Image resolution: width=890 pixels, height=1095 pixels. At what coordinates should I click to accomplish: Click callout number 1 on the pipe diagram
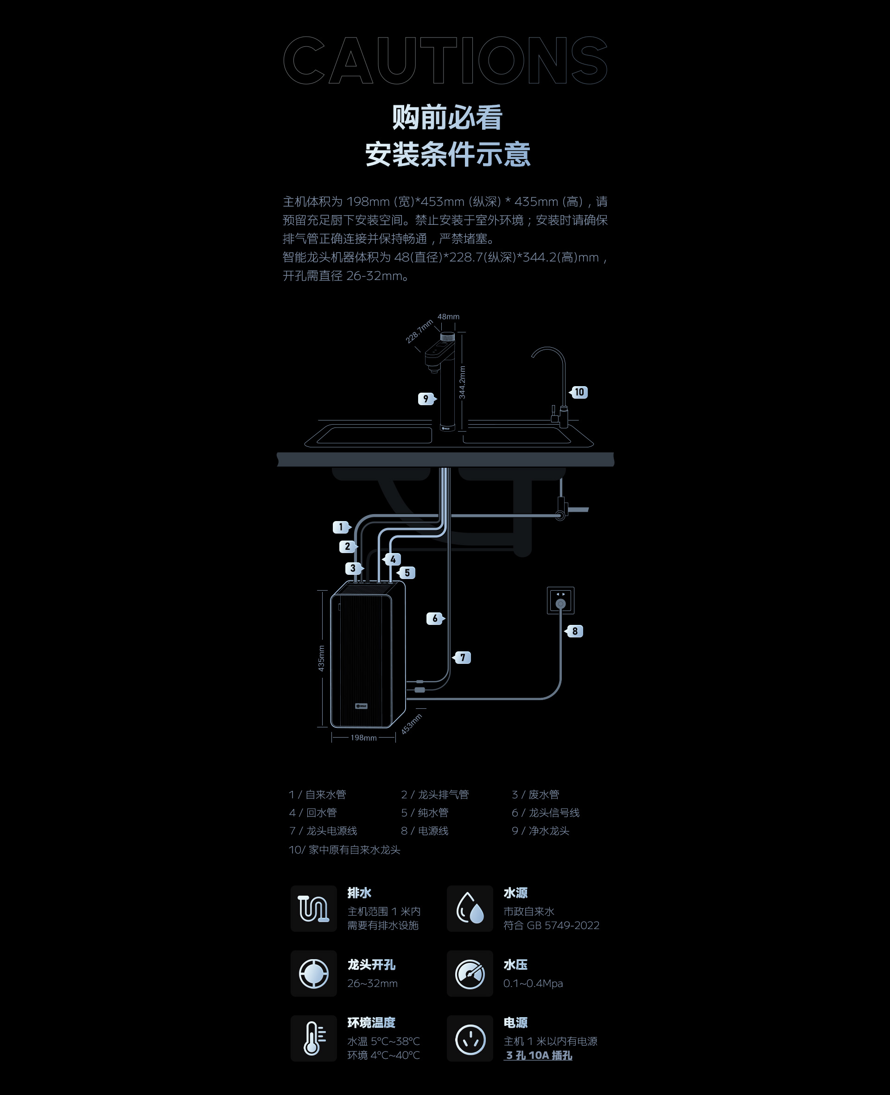click(341, 527)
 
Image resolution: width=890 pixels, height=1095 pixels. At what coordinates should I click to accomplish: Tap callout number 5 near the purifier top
click(407, 573)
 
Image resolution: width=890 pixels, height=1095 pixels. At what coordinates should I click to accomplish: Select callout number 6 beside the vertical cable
click(435, 618)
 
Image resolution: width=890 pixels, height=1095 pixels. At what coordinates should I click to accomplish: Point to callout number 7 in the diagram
click(463, 657)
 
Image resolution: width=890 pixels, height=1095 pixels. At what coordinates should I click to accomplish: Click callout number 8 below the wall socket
click(575, 631)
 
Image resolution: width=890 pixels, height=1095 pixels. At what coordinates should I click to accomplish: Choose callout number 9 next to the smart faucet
click(426, 398)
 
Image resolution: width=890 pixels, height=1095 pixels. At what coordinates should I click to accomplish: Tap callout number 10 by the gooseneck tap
click(579, 392)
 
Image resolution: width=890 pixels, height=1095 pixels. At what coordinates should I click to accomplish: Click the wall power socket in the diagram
click(561, 600)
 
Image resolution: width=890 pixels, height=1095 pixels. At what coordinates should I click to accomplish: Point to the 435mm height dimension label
click(321, 658)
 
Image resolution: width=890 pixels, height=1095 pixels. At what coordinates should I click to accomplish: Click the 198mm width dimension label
click(363, 738)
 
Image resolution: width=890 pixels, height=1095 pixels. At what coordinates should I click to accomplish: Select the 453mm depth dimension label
click(411, 724)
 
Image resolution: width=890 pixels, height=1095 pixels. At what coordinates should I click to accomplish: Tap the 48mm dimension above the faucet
click(448, 317)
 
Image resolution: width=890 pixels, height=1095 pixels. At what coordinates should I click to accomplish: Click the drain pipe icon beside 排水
click(314, 908)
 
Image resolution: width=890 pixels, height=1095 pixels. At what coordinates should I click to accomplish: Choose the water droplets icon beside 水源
click(470, 908)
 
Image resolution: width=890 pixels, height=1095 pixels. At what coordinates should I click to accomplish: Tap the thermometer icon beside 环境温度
click(314, 1038)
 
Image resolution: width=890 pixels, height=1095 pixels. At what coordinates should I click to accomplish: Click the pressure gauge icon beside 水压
click(470, 974)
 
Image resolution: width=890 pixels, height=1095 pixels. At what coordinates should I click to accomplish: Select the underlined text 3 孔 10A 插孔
click(538, 1055)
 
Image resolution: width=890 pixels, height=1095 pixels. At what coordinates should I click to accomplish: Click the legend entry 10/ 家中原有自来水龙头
click(344, 849)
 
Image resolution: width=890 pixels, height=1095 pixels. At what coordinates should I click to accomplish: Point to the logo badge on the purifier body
click(362, 706)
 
